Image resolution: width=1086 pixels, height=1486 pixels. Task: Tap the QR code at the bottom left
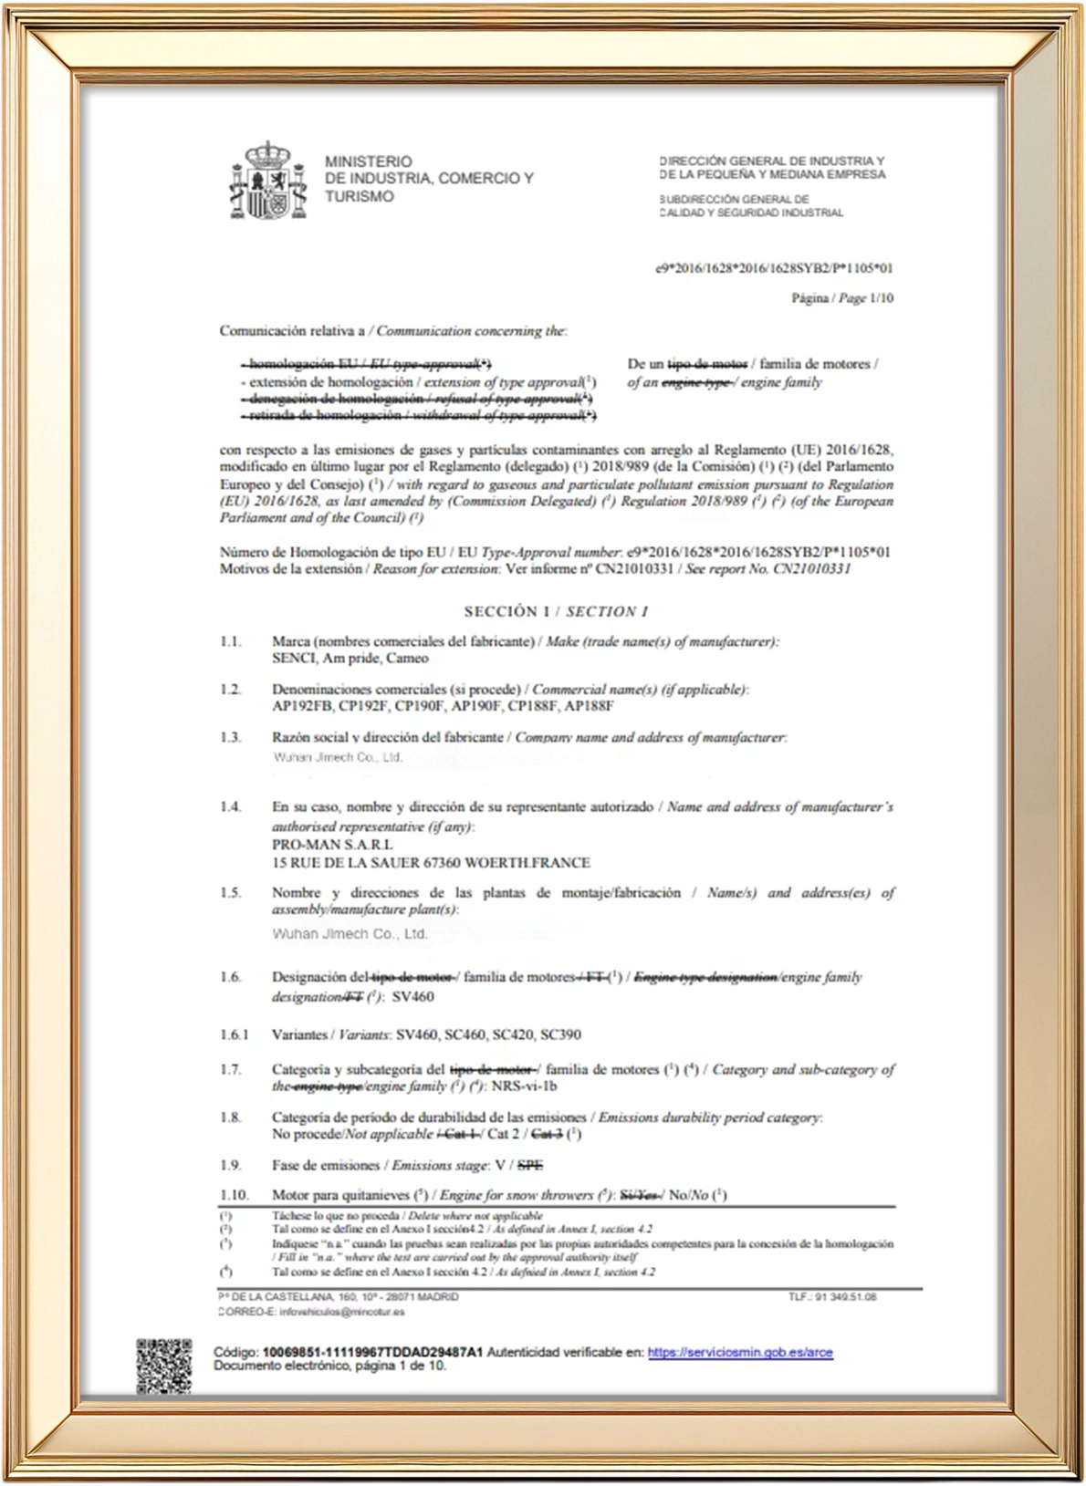coord(164,1365)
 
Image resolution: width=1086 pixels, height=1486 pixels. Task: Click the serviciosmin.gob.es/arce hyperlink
coord(740,1352)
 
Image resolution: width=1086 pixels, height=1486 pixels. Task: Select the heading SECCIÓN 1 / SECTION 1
coord(556,611)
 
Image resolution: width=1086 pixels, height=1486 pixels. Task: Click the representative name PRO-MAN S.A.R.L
coord(332,845)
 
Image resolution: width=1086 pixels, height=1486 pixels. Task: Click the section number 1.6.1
coord(234,1034)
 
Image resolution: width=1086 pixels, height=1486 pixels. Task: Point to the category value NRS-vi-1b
coord(524,1086)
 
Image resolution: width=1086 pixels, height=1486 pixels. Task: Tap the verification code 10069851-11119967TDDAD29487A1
coord(372,1352)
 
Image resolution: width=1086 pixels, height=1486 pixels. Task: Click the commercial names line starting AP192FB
coord(443,706)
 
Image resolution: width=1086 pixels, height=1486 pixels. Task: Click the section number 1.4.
coord(230,806)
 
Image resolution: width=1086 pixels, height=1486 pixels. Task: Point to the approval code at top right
coord(774,268)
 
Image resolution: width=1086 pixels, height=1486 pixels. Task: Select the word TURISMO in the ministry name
coord(360,196)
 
